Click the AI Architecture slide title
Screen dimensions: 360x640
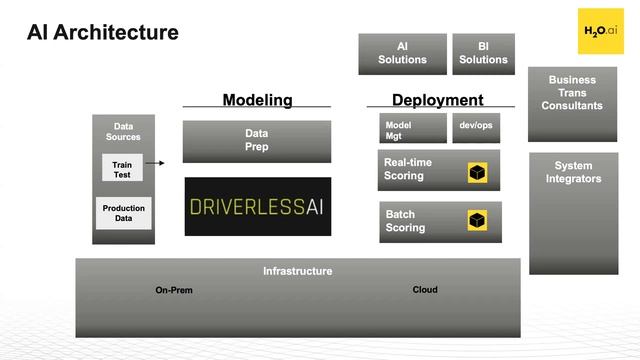point(102,33)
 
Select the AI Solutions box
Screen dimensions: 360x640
point(402,54)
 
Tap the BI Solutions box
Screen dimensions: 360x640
point(483,54)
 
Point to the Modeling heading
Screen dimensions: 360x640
point(257,100)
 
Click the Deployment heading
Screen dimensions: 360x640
point(437,100)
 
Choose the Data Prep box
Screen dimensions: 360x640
point(257,141)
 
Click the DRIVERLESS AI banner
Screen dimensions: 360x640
point(257,206)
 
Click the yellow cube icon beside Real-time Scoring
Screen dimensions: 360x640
point(478,173)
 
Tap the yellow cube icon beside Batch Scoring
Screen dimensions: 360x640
point(478,220)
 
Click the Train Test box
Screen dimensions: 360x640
point(122,169)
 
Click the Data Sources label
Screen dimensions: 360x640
point(124,131)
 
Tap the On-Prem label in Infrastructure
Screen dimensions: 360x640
point(174,291)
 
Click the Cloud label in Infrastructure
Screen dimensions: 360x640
point(425,290)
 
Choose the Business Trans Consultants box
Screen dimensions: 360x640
point(573,93)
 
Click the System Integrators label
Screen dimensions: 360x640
point(573,172)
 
